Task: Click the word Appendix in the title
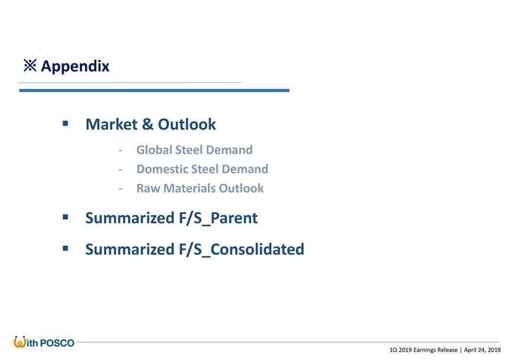pos(75,66)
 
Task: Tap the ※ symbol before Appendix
pos(30,66)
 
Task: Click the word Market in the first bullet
pos(112,124)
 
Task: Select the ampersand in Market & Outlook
pos(148,124)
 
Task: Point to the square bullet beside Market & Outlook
pos(66,124)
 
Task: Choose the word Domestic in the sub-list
pos(161,169)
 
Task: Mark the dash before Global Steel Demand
pos(121,150)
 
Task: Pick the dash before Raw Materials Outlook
pos(121,189)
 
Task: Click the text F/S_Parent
pos(218,218)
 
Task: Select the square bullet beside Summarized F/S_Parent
pos(66,217)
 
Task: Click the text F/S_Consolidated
pos(241,249)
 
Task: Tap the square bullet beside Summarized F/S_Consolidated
pos(66,248)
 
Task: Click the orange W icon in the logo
pos(19,342)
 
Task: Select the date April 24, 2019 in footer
pos(482,350)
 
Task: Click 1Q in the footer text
pos(393,350)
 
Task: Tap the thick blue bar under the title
pos(154,90)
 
